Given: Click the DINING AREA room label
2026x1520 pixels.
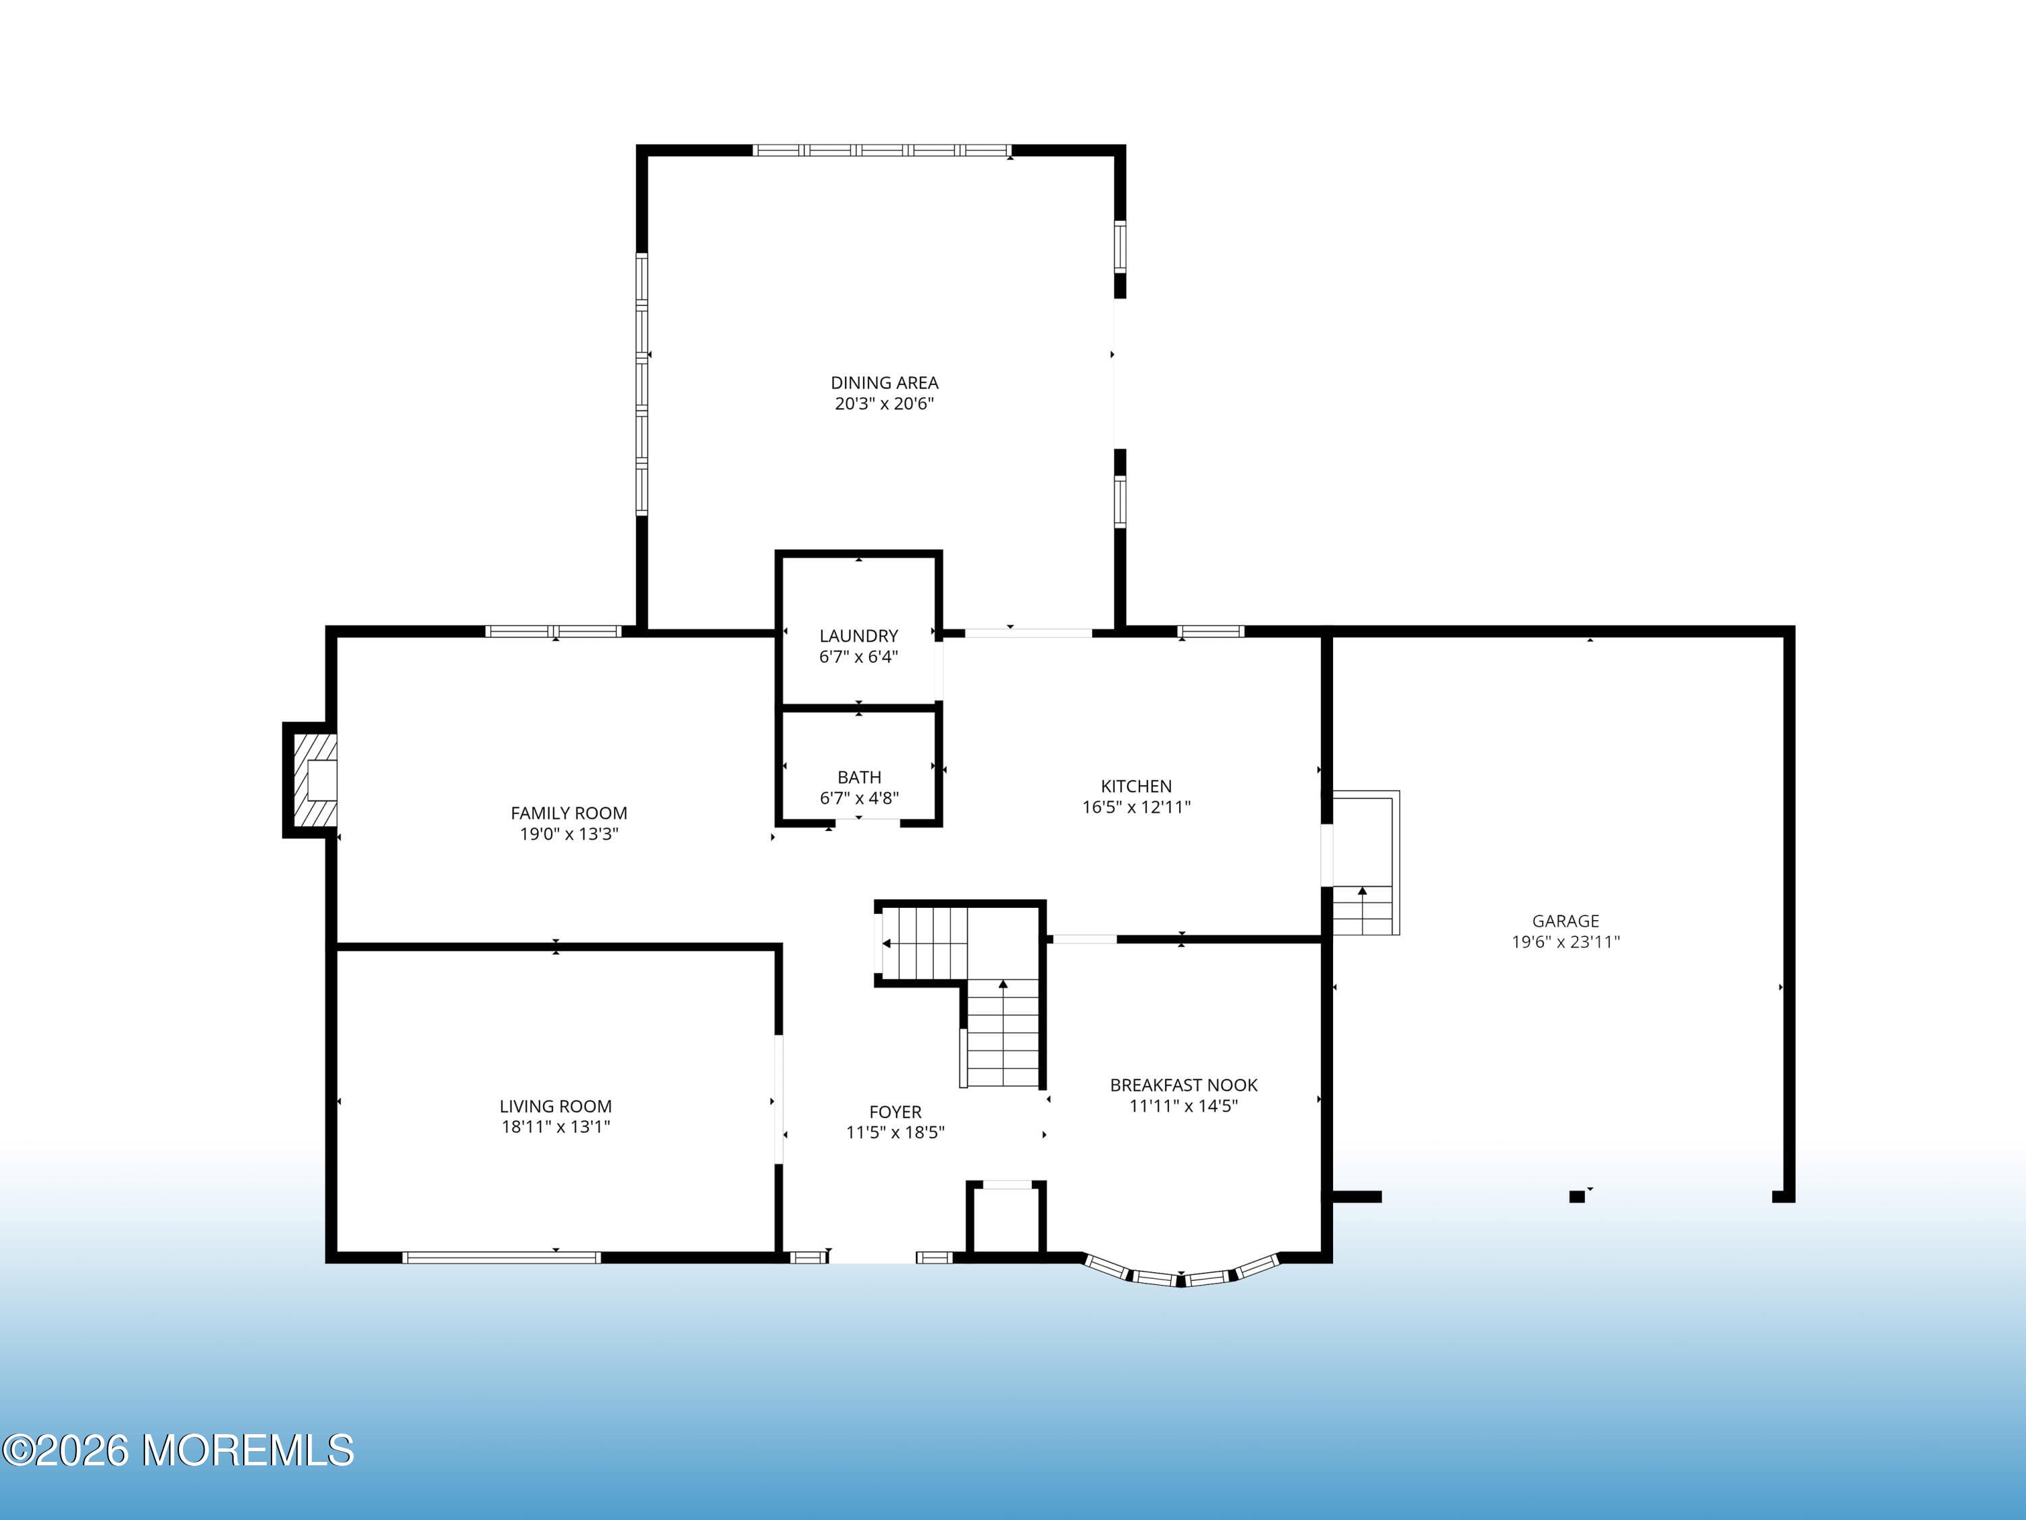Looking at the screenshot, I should point(884,383).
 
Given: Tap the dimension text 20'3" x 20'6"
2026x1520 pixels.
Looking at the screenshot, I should point(884,404).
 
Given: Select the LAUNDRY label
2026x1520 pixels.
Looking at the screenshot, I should point(858,636).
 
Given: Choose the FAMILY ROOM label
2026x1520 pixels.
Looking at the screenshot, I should point(569,813).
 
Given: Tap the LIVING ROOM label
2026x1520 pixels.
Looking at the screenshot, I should point(555,1107).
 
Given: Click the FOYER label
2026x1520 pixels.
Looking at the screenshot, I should point(895,1112).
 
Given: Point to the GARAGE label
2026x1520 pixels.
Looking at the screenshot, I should point(1565,921).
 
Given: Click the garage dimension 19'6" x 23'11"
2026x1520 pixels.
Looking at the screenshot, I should point(1565,942).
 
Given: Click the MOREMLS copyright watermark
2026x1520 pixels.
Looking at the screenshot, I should point(178,1450).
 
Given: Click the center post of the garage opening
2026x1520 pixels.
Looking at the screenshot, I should point(1576,1196).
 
